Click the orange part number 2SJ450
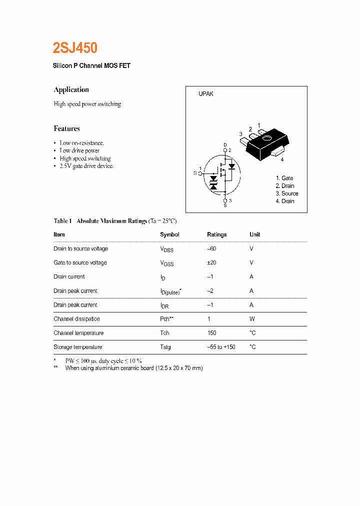point(75,48)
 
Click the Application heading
point(71,90)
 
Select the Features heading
point(66,128)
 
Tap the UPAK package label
point(206,94)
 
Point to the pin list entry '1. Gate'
point(284,178)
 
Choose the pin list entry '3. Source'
point(287,193)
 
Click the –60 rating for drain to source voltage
point(211,248)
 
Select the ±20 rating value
point(211,262)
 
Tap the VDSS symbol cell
point(166,249)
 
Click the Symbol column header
point(169,234)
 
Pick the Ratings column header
point(216,234)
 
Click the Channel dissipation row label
point(76,319)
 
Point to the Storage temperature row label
point(77,347)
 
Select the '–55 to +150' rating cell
point(221,347)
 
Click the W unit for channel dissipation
point(252,319)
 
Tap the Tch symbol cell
point(164,333)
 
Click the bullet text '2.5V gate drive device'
point(86,166)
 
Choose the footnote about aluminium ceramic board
point(133,368)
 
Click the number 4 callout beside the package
point(282,159)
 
